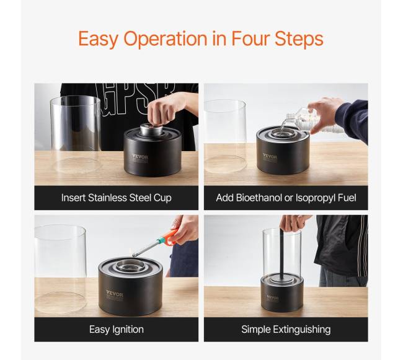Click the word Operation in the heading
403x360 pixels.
tap(166, 39)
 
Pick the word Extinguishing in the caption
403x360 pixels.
tap(302, 330)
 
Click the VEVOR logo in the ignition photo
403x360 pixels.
tap(115, 293)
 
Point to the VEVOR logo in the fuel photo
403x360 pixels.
tap(270, 156)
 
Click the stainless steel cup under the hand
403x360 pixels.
tap(151, 130)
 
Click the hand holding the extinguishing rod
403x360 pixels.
tap(294, 222)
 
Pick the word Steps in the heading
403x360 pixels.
tap(299, 39)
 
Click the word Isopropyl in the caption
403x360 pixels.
tap(315, 198)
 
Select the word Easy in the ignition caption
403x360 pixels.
tap(99, 330)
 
